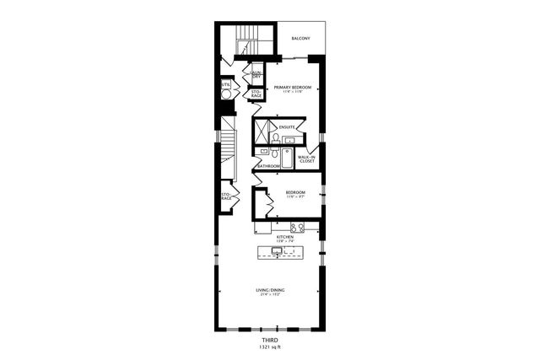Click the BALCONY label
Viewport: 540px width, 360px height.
click(301, 39)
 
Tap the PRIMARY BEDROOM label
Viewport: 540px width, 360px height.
click(291, 87)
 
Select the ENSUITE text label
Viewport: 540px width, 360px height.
click(286, 126)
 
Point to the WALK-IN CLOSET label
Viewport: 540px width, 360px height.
click(306, 158)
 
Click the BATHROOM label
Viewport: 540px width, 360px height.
click(268, 166)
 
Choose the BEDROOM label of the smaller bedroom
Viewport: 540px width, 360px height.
click(294, 193)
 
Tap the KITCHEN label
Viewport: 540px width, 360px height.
click(284, 237)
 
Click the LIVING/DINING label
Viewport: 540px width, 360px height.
click(269, 291)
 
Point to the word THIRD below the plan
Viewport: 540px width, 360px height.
click(269, 340)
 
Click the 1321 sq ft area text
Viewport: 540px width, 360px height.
click(269, 347)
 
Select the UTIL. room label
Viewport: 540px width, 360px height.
click(225, 84)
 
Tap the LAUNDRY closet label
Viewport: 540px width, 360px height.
click(256, 75)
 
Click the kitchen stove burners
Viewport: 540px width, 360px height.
click(297, 227)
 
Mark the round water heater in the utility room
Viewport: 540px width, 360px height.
click(226, 95)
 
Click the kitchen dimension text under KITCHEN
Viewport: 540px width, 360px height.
click(284, 242)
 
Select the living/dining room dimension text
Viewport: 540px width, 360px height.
click(269, 296)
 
